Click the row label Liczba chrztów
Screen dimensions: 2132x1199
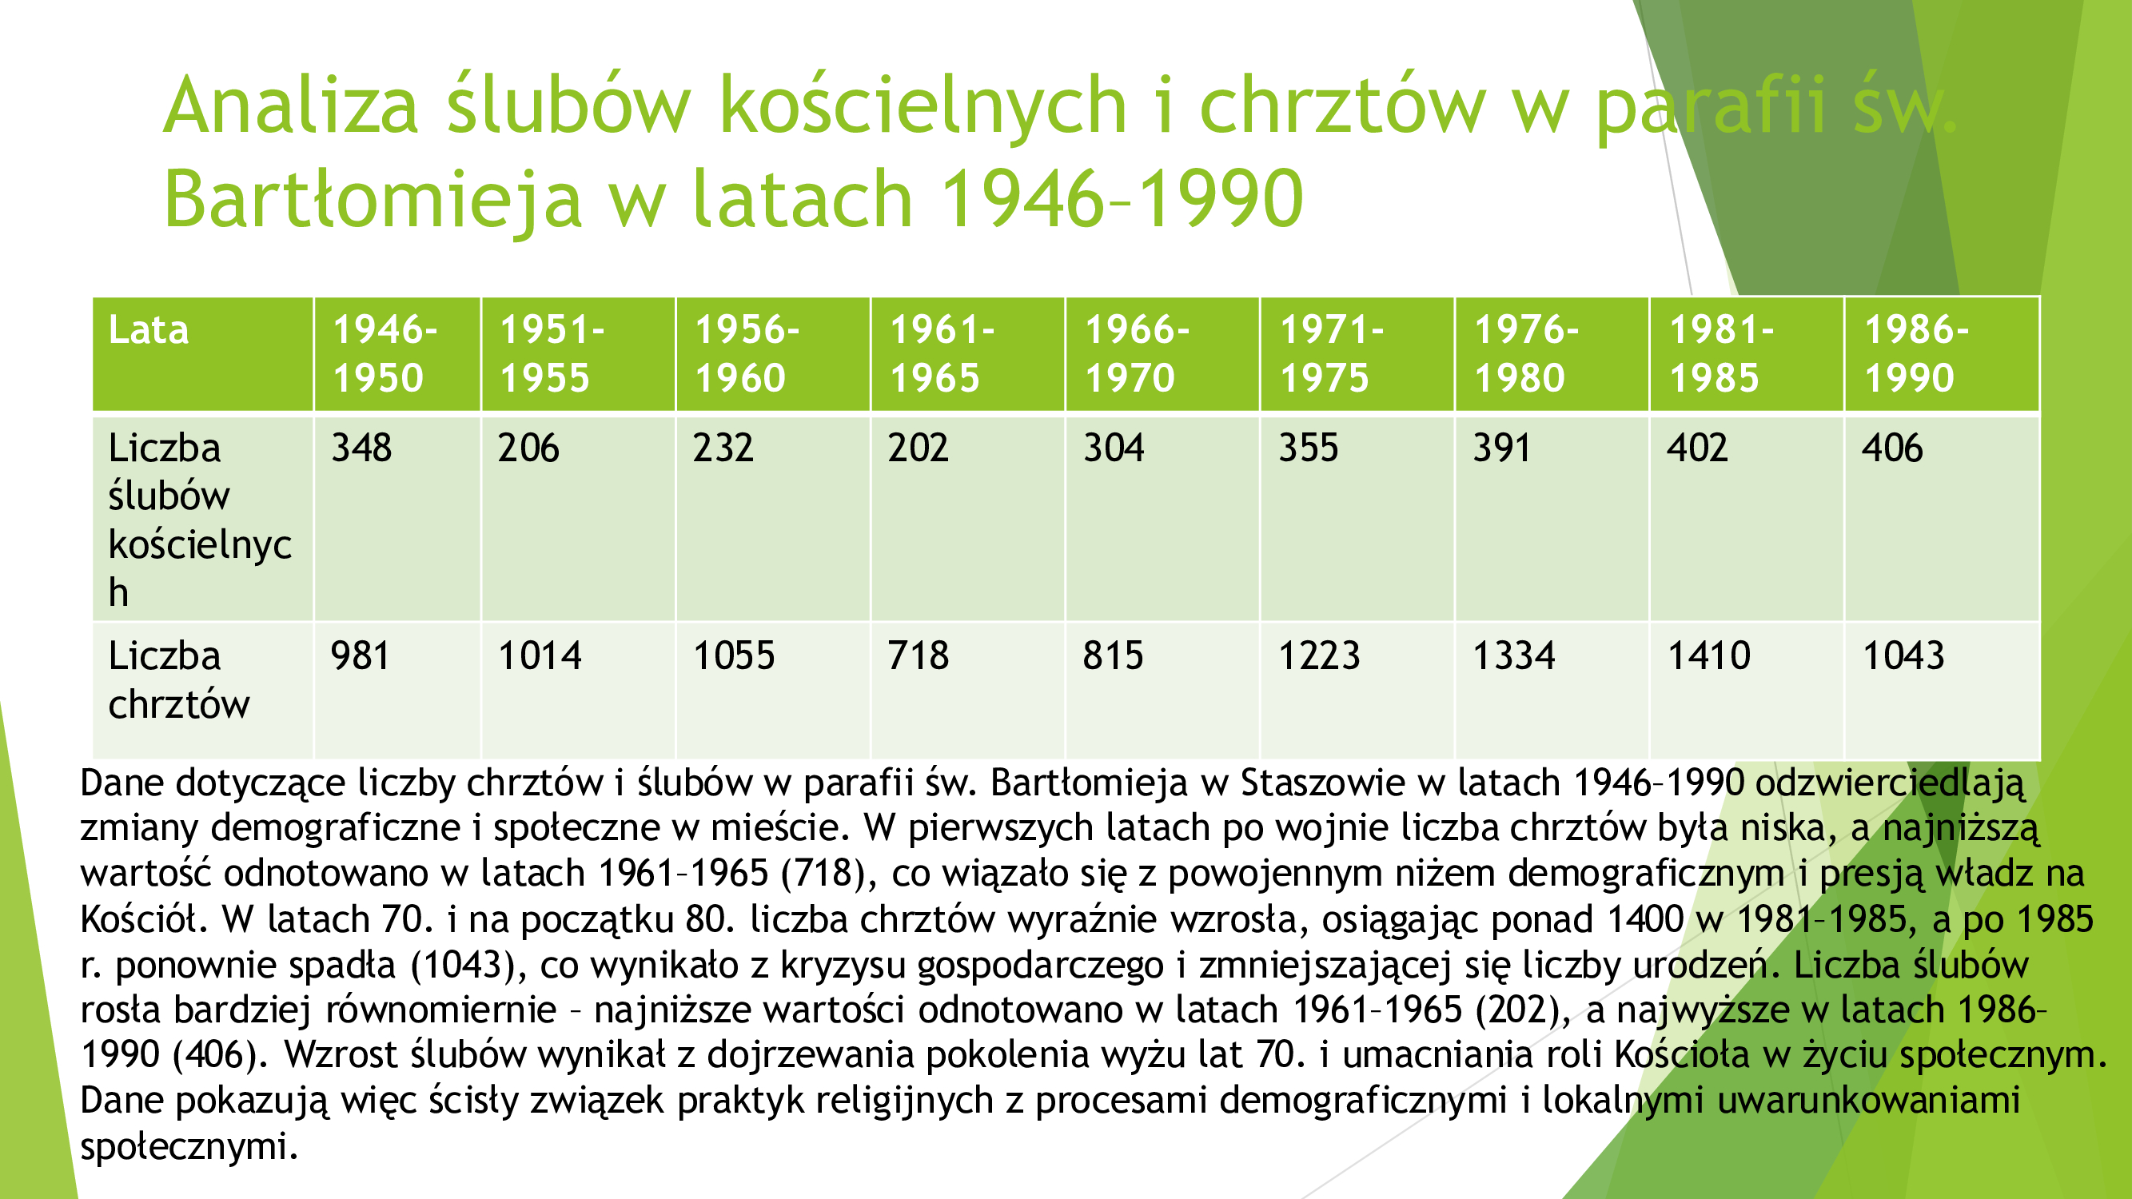(179, 679)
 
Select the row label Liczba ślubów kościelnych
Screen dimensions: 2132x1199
(201, 520)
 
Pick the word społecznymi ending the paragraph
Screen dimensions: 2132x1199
(189, 1147)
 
